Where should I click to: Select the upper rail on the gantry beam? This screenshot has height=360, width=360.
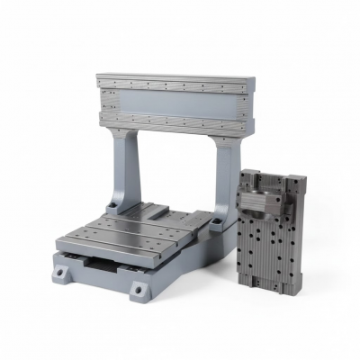(176, 87)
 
